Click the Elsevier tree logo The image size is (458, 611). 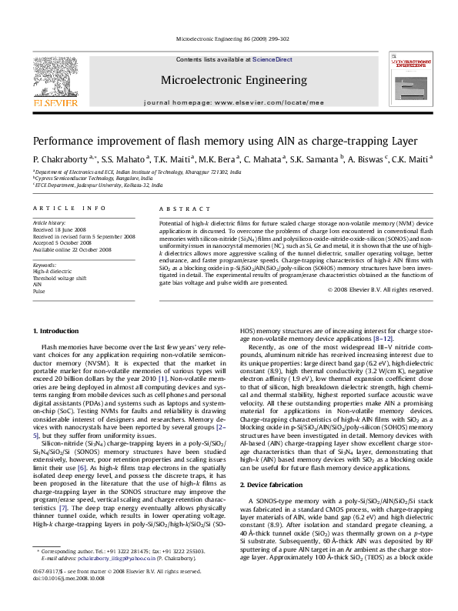point(55,76)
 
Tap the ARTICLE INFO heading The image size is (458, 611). point(69,209)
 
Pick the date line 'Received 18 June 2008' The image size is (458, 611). point(65,229)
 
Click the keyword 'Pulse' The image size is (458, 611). point(38,289)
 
